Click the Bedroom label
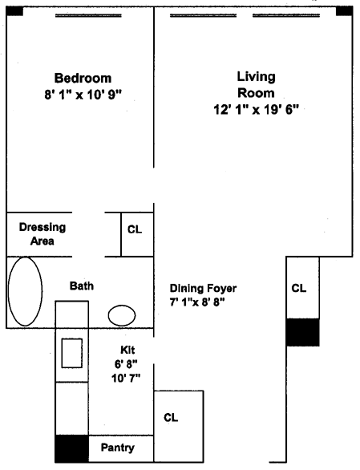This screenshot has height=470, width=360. (83, 79)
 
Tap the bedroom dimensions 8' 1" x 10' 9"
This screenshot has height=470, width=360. (83, 95)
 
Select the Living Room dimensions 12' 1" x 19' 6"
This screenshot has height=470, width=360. (257, 109)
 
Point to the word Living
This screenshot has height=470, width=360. (257, 77)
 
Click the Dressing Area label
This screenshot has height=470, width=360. (42, 234)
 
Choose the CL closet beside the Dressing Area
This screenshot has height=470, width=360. (135, 229)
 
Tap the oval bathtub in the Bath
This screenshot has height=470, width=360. (25, 291)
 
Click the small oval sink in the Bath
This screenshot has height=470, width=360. (122, 315)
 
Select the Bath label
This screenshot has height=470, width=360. (82, 286)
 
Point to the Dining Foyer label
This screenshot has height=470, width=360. (203, 289)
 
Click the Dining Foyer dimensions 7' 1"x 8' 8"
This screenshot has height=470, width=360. (197, 302)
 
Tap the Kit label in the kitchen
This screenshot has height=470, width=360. (127, 350)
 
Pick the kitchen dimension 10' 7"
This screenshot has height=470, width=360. (126, 379)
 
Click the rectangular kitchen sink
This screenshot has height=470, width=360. (72, 353)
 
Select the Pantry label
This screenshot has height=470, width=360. (118, 448)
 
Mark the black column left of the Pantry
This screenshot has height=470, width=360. (72, 448)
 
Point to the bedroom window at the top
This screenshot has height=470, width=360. (88, 15)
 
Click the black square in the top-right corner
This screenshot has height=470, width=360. (344, 10)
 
